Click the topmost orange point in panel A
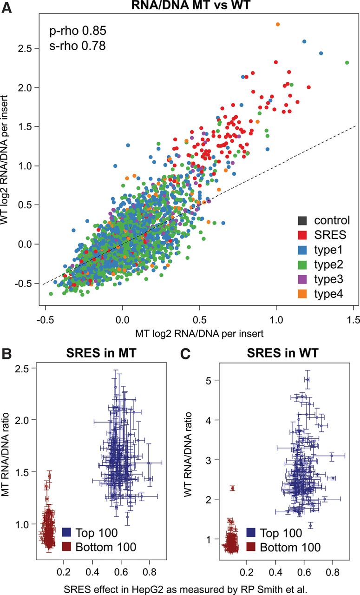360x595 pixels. pos(278,24)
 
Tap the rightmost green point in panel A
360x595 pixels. pos(347,62)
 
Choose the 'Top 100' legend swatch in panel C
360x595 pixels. pos(251,532)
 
